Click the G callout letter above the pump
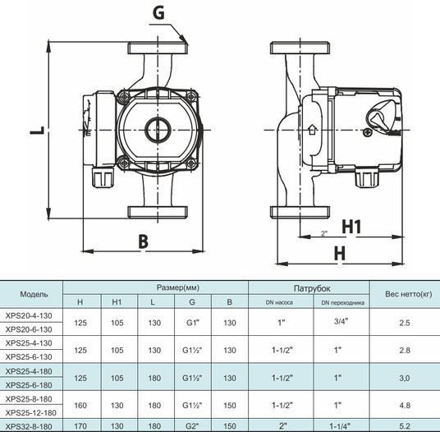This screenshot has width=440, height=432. coord(158,12)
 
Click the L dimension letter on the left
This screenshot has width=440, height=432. coord(37,131)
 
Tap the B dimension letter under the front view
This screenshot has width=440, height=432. coord(143,241)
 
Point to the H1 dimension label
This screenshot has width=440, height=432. coord(351,227)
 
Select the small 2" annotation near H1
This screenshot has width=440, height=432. coord(324,233)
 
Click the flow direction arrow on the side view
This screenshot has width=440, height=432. coord(312,130)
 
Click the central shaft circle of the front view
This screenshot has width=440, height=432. coord(158,130)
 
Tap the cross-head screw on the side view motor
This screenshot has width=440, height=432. coord(368,132)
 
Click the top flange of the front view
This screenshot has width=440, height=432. coord(158,48)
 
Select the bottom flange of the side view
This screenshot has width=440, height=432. coord(300,212)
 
